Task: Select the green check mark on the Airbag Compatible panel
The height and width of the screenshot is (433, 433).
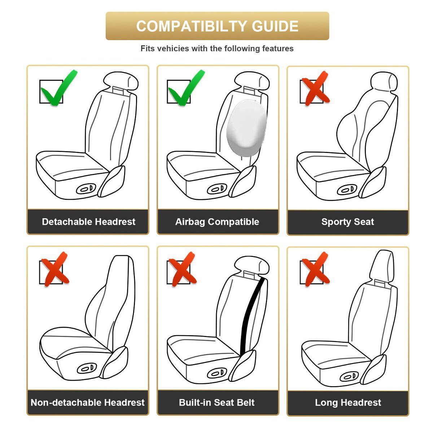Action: coord(185,89)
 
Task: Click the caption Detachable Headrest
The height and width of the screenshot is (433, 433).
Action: coord(89,222)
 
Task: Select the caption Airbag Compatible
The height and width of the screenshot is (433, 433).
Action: coord(217,222)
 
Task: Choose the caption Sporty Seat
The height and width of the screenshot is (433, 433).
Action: coord(347,222)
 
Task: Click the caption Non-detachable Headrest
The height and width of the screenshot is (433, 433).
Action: coord(88,402)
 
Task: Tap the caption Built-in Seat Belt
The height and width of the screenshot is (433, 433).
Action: coord(217,402)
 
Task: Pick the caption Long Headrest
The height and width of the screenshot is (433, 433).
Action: coord(348,402)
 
